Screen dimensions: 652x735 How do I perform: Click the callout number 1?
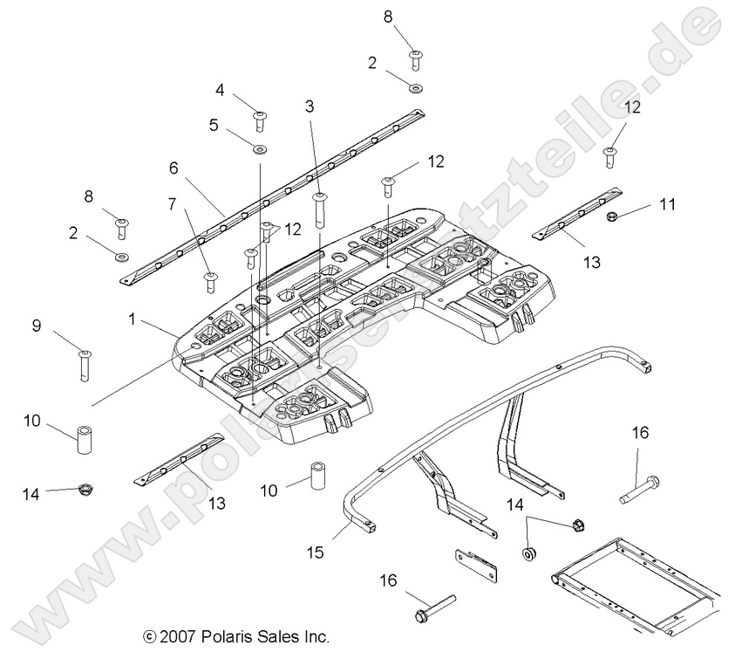point(132,319)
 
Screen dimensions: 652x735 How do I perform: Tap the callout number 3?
point(309,106)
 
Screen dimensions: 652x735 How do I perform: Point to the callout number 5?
point(214,124)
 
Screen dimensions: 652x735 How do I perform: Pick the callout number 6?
point(174,166)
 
